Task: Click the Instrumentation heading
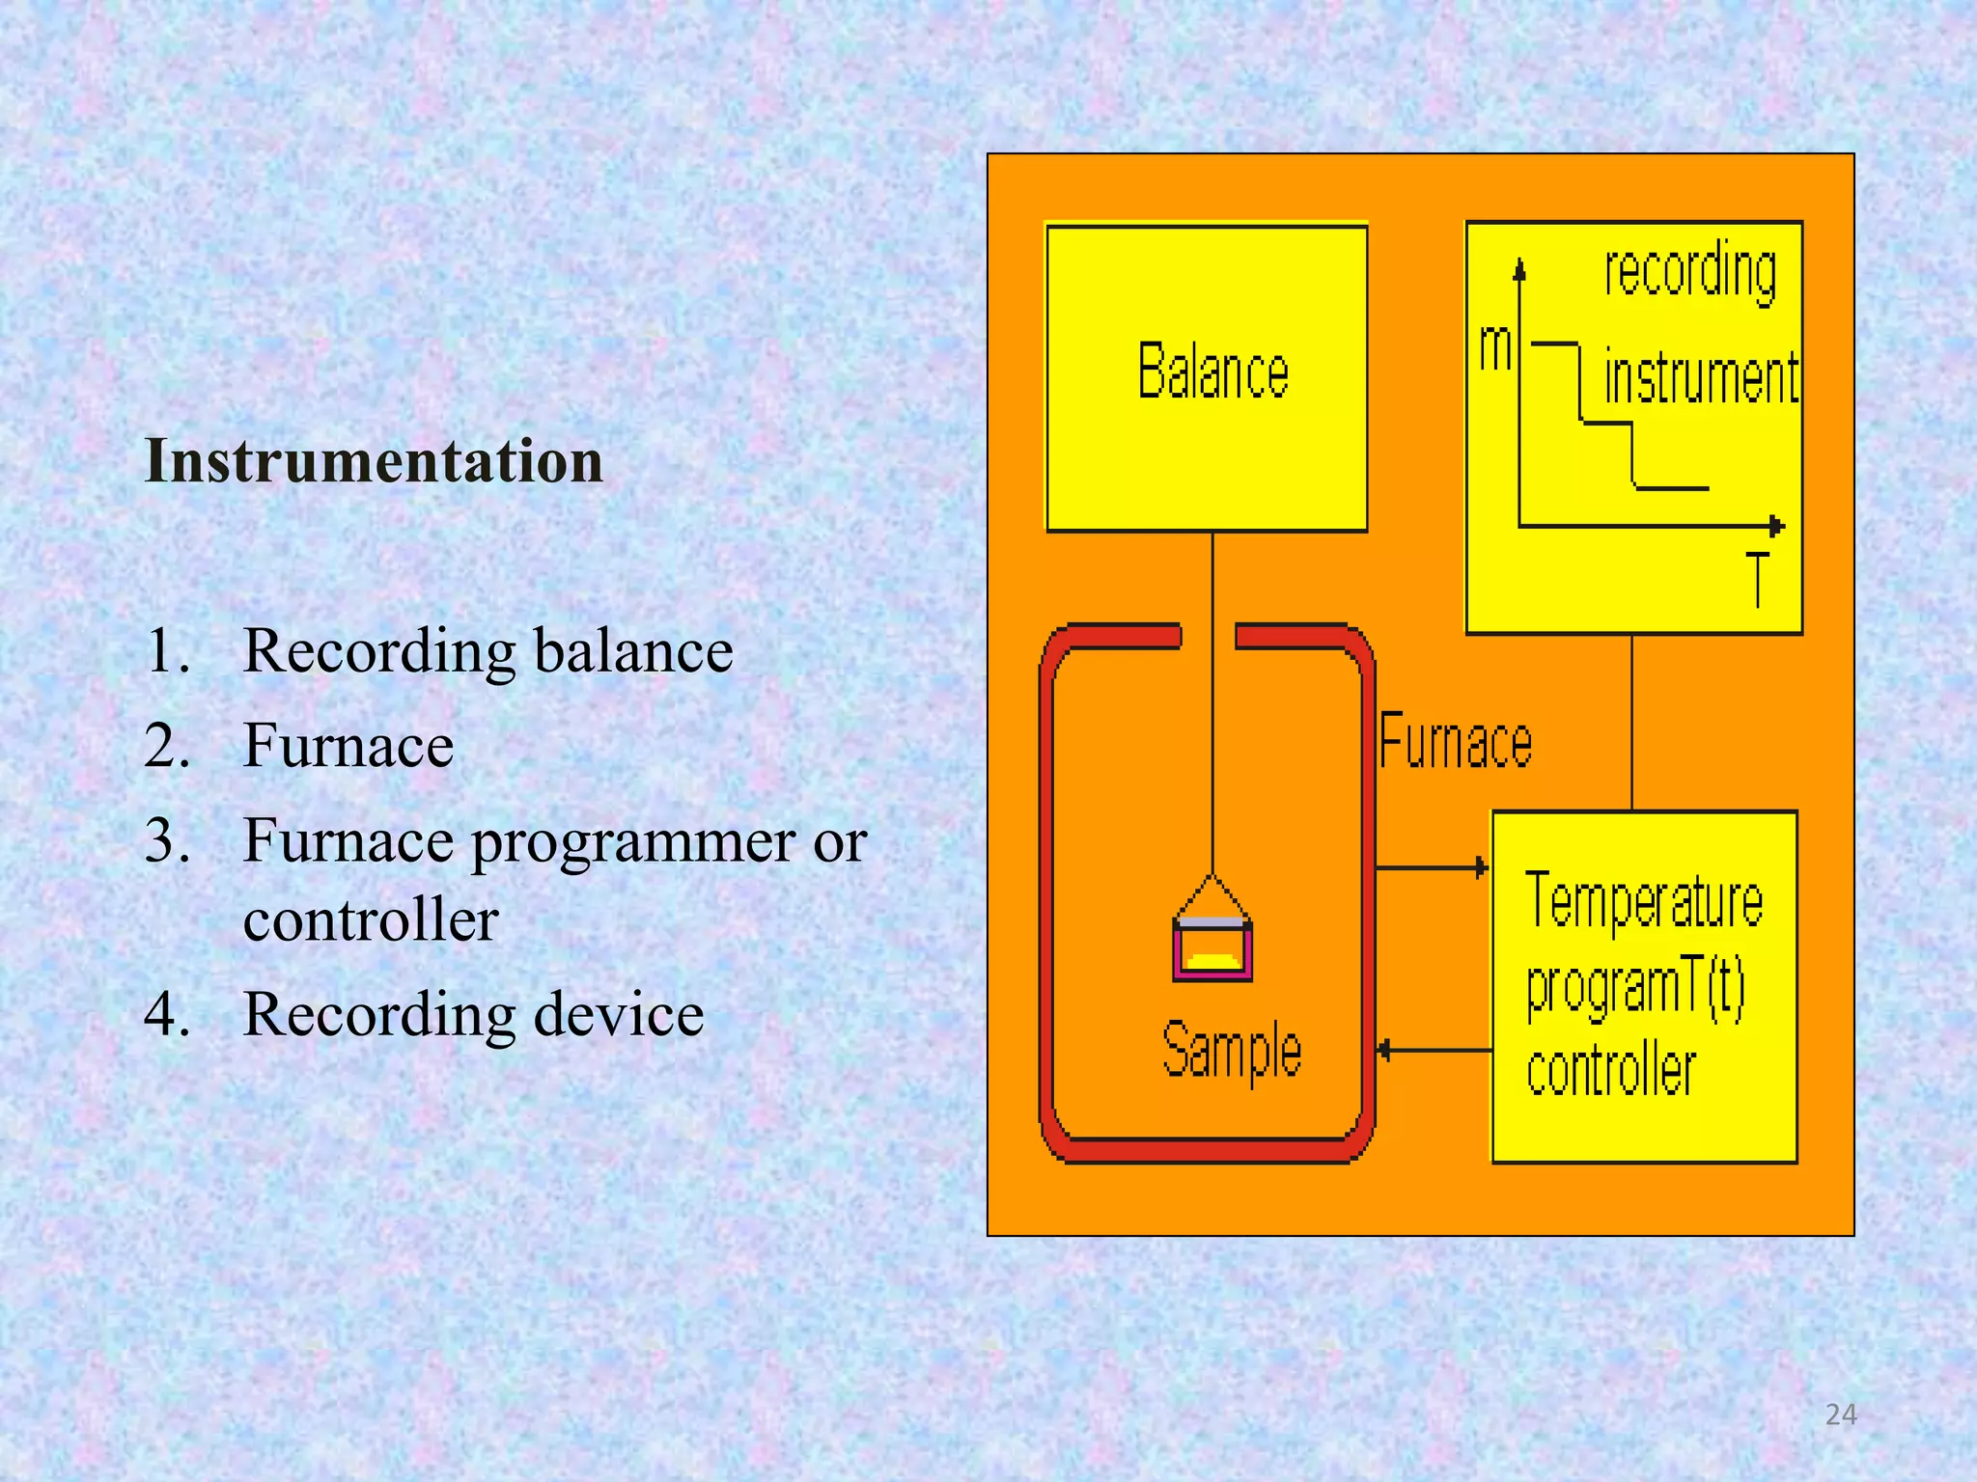374,461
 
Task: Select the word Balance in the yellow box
1212,371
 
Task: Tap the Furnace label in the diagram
1455,742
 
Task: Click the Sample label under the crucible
1231,1051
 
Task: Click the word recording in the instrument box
1690,272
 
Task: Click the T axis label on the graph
1759,579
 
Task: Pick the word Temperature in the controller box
1644,900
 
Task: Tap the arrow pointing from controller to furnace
1434,1050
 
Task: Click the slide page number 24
1841,1414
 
